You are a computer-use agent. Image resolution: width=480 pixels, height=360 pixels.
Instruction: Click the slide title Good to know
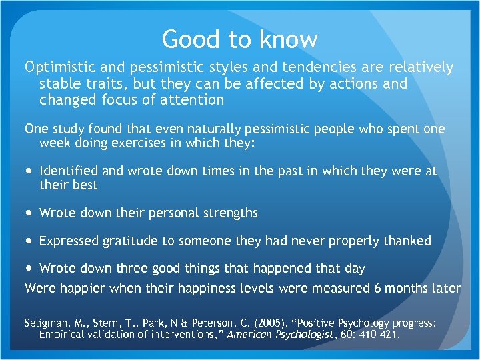(240, 39)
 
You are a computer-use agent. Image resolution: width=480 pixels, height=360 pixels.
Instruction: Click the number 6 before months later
(377, 288)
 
